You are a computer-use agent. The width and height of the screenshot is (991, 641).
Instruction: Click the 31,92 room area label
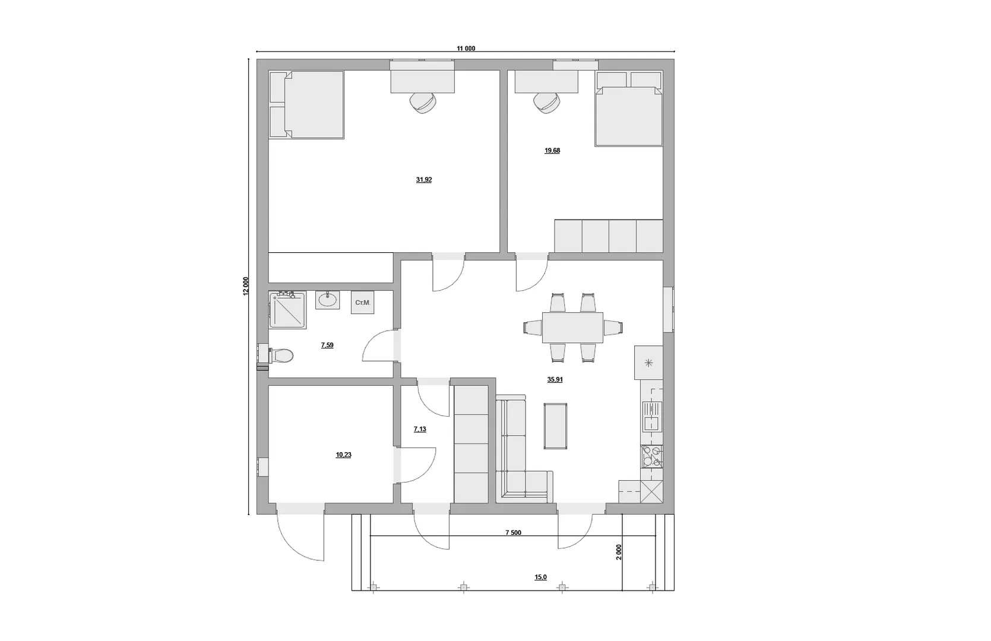pyautogui.click(x=424, y=180)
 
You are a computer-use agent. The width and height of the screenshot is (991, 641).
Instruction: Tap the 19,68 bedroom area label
pyautogui.click(x=552, y=150)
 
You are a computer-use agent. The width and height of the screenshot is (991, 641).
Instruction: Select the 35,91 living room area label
pyautogui.click(x=555, y=379)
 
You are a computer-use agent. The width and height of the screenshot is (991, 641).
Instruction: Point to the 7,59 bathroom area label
pyautogui.click(x=327, y=345)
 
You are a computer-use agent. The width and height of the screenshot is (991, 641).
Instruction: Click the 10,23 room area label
pyautogui.click(x=343, y=455)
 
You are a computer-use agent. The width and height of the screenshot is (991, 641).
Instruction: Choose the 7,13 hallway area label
pyautogui.click(x=420, y=429)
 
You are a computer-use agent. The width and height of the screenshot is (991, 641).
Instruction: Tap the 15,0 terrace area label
pyautogui.click(x=540, y=577)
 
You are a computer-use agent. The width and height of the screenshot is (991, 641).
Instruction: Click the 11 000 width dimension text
pyautogui.click(x=466, y=48)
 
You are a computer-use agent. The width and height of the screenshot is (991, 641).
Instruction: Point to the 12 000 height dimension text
pyautogui.click(x=246, y=285)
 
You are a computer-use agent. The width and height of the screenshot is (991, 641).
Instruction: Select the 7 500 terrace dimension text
pyautogui.click(x=513, y=532)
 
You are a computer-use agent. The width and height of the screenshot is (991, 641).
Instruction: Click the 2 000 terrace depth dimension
pyautogui.click(x=619, y=552)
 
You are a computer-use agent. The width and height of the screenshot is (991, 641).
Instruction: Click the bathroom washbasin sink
pyautogui.click(x=327, y=300)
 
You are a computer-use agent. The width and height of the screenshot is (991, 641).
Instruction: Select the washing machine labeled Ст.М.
pyautogui.click(x=362, y=303)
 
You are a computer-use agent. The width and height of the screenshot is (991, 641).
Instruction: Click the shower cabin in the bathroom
pyautogui.click(x=287, y=310)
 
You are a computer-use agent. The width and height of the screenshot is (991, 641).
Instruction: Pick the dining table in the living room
pyautogui.click(x=572, y=328)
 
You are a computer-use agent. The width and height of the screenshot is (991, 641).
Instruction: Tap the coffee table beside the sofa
pyautogui.click(x=555, y=426)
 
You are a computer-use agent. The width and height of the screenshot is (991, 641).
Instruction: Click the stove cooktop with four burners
pyautogui.click(x=652, y=456)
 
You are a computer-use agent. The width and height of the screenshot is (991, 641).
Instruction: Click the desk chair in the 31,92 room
pyautogui.click(x=423, y=103)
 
